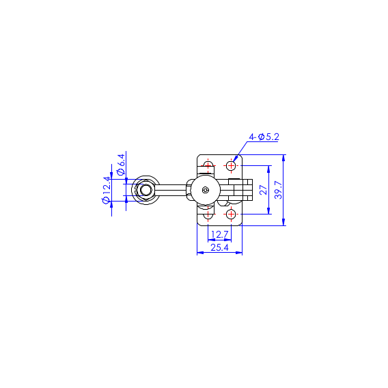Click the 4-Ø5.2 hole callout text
[264, 137]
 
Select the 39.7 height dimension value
[279, 190]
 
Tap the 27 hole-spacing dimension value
[264, 190]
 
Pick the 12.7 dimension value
[220, 234]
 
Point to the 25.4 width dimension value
[220, 247]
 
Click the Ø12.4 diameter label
[107, 191]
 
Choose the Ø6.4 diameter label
[121, 165]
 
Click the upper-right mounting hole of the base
[231, 165]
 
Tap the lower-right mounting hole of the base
[231, 214]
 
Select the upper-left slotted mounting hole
[208, 165]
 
